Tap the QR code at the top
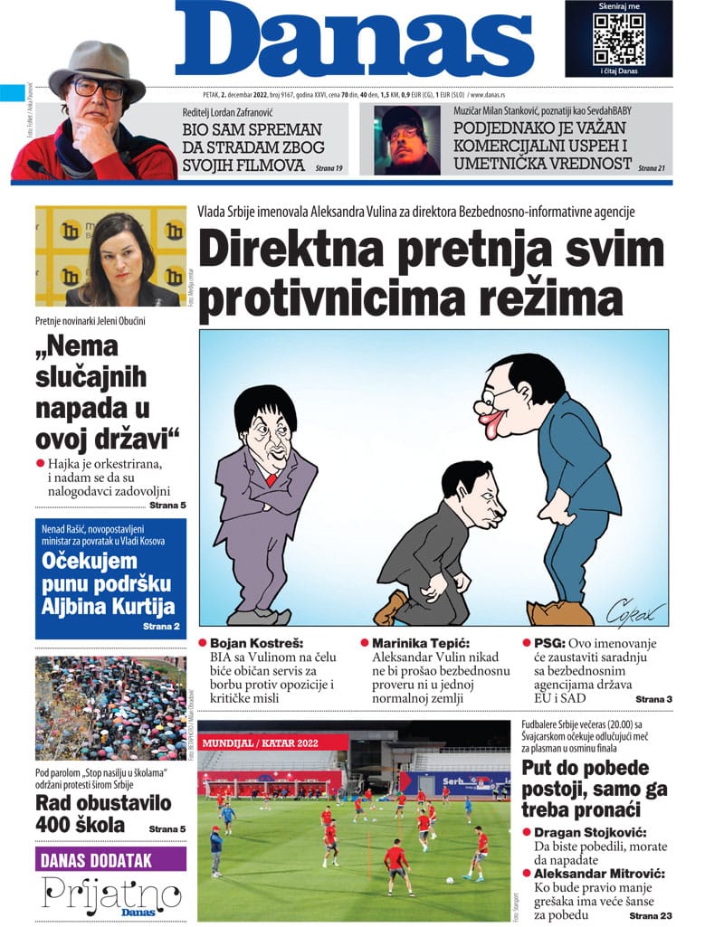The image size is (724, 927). point(618,38)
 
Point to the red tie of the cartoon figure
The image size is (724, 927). point(271,478)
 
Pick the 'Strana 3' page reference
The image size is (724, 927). point(653,699)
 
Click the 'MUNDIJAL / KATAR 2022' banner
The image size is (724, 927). point(272,742)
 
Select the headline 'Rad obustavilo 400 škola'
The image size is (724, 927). point(90,813)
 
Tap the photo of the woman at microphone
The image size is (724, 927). point(110,257)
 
